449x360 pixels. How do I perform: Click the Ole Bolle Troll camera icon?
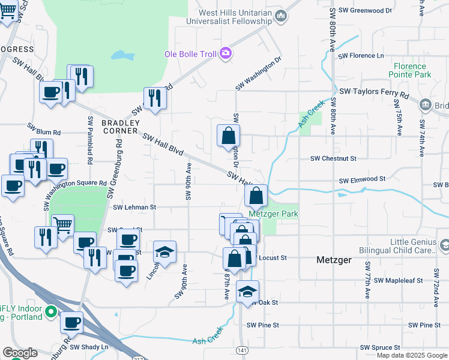coord(225,54)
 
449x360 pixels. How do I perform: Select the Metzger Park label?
coord(273,214)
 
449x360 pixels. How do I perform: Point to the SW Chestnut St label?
coord(333,158)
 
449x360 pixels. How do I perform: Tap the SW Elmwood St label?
coord(361,179)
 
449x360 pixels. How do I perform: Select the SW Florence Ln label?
coord(360,56)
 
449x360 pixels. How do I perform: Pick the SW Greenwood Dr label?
coord(364,10)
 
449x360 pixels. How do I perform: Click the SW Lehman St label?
coord(134,207)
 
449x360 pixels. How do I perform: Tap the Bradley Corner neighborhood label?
coord(120,127)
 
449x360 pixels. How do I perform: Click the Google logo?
coord(20,353)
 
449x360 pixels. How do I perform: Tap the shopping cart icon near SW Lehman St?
coord(62,226)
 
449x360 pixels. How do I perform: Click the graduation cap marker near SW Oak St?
coord(247,291)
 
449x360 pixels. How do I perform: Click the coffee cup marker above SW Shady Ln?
coord(72,322)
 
